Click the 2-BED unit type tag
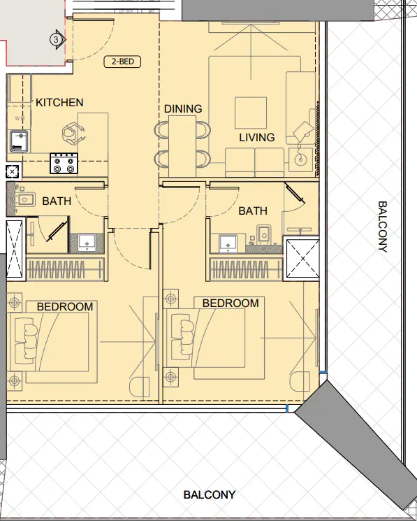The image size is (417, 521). click(122, 62)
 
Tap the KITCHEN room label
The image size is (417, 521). click(59, 103)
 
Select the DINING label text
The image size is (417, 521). click(183, 109)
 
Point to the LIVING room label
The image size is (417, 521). click(257, 138)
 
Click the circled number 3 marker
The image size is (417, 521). click(55, 39)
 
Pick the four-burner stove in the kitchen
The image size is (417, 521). click(64, 164)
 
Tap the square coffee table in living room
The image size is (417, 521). click(250, 112)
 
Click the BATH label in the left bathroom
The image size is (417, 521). click(57, 201)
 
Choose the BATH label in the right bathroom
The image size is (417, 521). click(253, 210)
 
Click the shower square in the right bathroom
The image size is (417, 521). click(302, 259)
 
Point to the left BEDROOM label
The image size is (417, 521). click(65, 306)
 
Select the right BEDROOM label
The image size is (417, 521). click(231, 304)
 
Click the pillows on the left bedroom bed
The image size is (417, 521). click(29, 341)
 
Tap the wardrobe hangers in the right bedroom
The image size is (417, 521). click(245, 269)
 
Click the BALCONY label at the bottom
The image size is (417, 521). click(209, 494)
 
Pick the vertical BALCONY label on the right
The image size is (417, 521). click(382, 227)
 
